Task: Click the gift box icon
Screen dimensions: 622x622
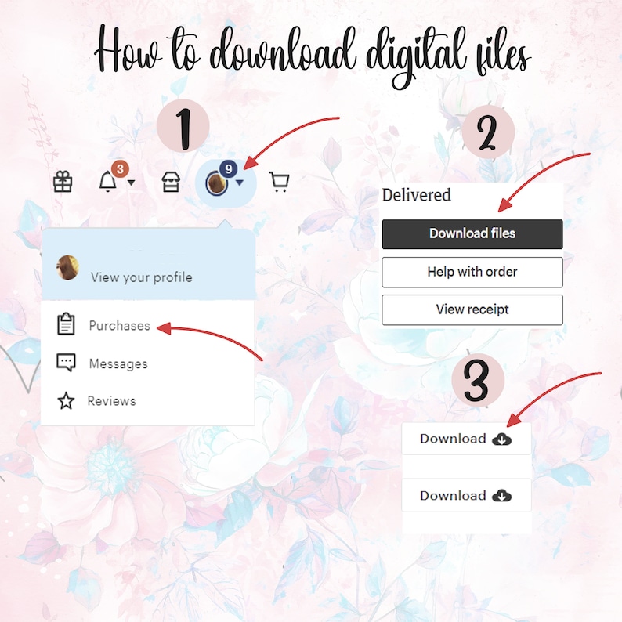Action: pyautogui.click(x=63, y=183)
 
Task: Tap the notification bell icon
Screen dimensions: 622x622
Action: pyautogui.click(x=107, y=183)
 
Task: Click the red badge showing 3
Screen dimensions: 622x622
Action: pyautogui.click(x=119, y=168)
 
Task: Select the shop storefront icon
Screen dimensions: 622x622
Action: pyautogui.click(x=170, y=183)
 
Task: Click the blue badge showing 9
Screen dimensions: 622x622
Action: pyautogui.click(x=228, y=168)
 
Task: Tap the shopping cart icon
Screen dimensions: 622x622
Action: pyautogui.click(x=279, y=183)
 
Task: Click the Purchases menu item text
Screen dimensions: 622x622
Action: pyautogui.click(x=119, y=325)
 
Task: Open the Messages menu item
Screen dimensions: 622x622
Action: pyautogui.click(x=118, y=363)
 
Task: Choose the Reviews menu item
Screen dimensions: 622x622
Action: pyautogui.click(x=111, y=401)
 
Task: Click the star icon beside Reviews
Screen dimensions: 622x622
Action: pyautogui.click(x=66, y=401)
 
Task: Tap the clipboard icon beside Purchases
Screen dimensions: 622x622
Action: pyautogui.click(x=66, y=324)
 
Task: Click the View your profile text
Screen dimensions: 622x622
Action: pyautogui.click(x=141, y=277)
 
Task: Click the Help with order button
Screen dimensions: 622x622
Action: pyautogui.click(x=472, y=272)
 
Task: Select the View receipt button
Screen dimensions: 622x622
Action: pyautogui.click(x=472, y=309)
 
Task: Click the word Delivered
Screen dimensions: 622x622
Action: pyautogui.click(x=416, y=195)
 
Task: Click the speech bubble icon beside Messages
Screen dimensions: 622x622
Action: pyautogui.click(x=66, y=363)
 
